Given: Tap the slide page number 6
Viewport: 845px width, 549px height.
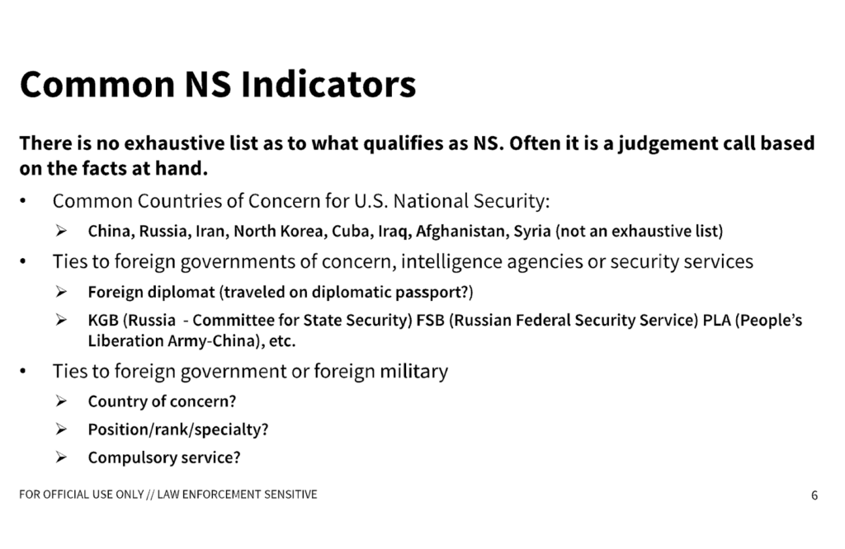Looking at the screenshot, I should point(814,495).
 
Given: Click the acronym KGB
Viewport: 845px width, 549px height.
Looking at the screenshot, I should point(103,321).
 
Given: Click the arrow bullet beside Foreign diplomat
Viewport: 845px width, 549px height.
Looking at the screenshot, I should point(61,293).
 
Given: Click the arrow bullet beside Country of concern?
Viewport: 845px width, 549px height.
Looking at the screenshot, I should point(61,403).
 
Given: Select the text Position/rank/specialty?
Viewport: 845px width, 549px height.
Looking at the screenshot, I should point(178,430).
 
